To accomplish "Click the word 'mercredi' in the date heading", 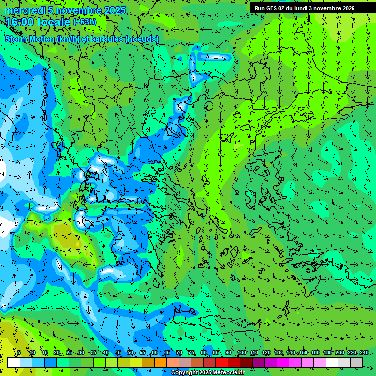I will click(24, 10).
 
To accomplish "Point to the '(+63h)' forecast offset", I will click(85, 22).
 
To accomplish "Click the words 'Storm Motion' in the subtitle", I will click(30, 39).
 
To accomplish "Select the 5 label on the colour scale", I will click(19, 352).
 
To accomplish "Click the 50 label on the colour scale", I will click(130, 352).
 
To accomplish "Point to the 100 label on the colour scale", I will click(241, 352).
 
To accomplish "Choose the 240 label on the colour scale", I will click(364, 352).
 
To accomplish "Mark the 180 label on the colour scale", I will click(327, 352).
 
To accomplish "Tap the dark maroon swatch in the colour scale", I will click(246, 362).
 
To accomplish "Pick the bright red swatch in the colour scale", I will click(222, 362).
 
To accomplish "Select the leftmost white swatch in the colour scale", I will click(14, 362).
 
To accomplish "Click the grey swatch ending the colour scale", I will click(356, 362).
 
